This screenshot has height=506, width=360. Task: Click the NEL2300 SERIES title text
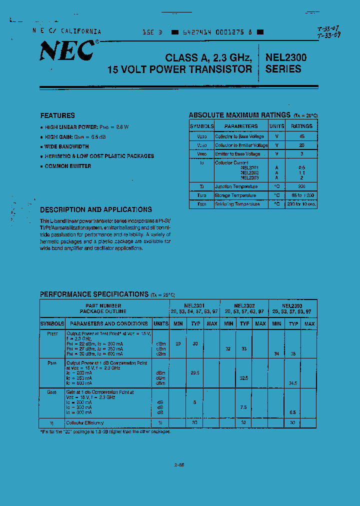tap(286, 63)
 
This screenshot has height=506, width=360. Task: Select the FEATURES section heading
tap(57, 115)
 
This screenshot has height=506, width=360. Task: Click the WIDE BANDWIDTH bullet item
tap(66, 146)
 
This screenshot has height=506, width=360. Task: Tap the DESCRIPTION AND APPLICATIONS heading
tap(96, 209)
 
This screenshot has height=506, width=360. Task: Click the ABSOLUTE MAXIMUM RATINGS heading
tap(239, 115)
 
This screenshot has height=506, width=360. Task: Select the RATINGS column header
tap(301, 126)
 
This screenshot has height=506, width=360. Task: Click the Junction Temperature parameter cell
tap(236, 186)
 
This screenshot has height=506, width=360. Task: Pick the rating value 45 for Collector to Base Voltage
tap(301, 136)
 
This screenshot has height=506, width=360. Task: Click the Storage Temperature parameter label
tap(235, 195)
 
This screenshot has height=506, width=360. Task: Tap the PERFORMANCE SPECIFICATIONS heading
tap(94, 294)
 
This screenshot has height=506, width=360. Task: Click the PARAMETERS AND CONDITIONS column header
tap(108, 323)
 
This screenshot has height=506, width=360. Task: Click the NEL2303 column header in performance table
tap(291, 305)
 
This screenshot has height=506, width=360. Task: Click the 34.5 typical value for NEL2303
tap(293, 382)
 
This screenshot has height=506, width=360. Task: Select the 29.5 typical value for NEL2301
tap(195, 372)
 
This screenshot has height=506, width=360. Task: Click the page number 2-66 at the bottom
tap(179, 464)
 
